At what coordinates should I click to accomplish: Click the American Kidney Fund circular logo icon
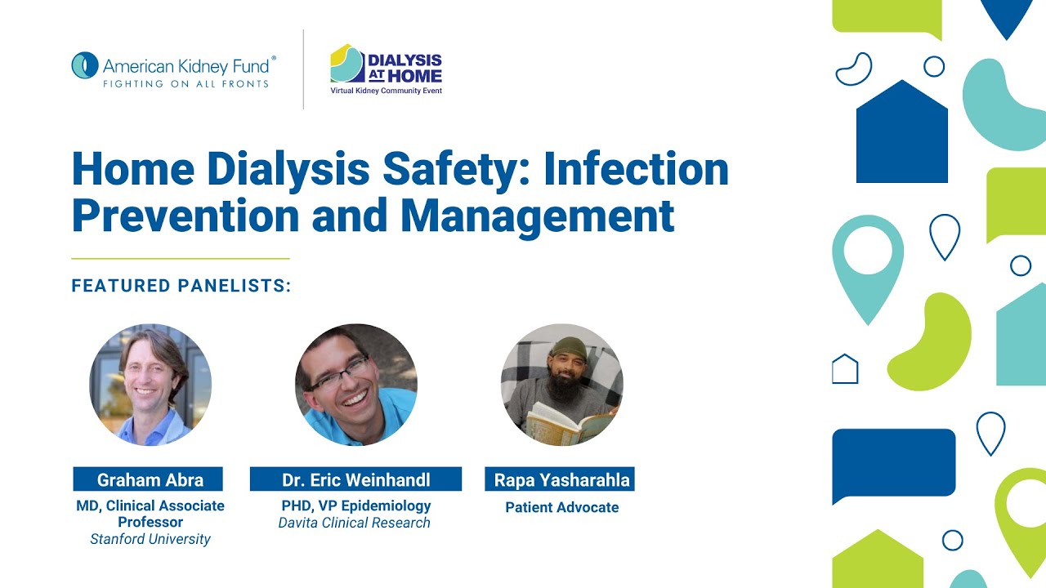85,65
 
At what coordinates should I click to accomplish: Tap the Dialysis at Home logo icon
346,64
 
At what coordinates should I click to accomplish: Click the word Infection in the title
636,169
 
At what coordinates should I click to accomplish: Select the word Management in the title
537,216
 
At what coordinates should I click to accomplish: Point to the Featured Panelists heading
181,286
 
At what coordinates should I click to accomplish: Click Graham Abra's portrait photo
150,385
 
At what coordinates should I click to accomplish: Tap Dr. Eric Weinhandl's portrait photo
356,385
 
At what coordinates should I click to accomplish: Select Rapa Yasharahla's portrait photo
562,385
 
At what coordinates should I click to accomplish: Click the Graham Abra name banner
150,479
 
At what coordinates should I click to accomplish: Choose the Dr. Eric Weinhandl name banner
356,479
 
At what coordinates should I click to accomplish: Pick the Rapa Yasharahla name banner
561,479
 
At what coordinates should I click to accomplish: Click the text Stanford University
150,539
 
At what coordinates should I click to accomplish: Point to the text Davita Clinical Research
354,523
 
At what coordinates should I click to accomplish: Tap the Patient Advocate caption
561,507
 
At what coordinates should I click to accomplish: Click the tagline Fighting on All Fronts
185,83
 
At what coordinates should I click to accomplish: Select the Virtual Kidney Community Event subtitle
386,91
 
